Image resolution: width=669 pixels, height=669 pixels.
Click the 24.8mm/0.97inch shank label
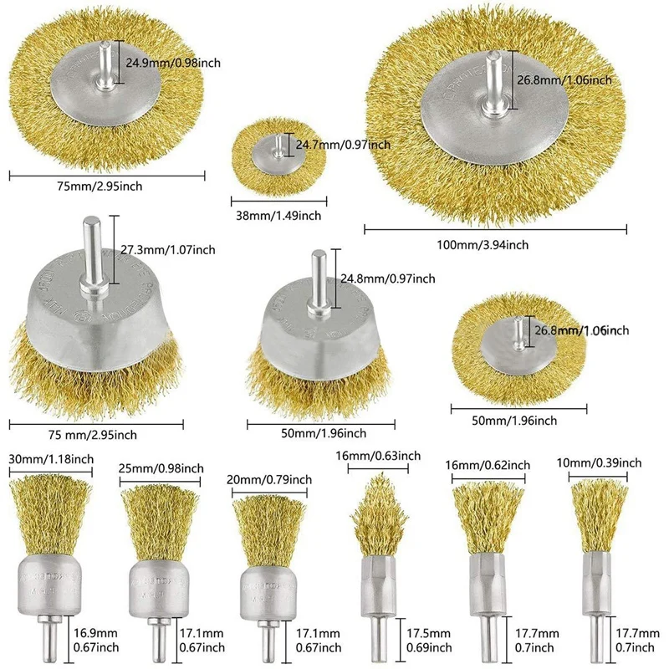[x=388, y=278]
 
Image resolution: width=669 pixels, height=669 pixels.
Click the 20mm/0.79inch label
[x=269, y=479]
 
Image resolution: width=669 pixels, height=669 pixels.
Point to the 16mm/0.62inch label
[x=492, y=464]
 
